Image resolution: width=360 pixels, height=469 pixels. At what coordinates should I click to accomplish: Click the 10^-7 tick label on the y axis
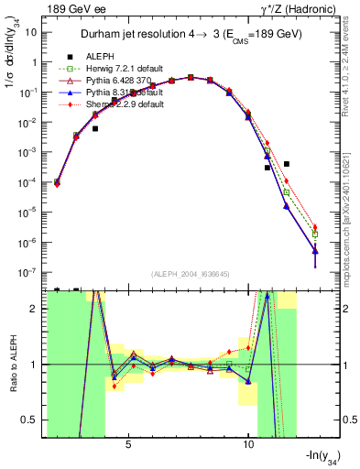click(x=29, y=272)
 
